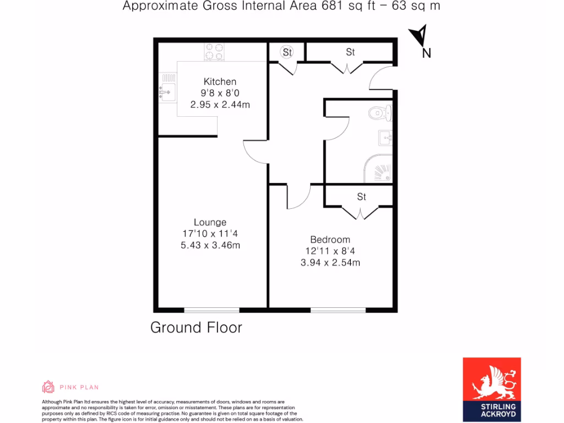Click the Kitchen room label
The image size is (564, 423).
tap(220, 82)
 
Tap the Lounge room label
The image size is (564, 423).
tap(210, 223)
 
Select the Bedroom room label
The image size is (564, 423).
tap(330, 240)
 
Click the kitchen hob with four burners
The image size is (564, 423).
tap(214, 52)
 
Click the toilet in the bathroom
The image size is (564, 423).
tap(379, 113)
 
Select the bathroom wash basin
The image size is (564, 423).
tap(386, 137)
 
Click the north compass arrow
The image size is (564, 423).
tap(420, 36)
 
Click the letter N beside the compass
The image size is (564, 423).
tap(426, 53)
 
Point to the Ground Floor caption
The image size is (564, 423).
tap(196, 328)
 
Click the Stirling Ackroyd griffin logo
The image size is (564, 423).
tap(491, 380)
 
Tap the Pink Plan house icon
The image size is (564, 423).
tap(48, 387)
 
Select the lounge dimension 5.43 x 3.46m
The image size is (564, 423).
tap(210, 246)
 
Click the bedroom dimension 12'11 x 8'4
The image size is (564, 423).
tap(330, 251)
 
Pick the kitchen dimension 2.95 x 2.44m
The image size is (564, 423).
tap(220, 105)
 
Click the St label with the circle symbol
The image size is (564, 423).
tap(287, 52)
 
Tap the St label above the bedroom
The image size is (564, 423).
tap(361, 197)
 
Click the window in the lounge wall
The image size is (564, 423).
tap(211, 310)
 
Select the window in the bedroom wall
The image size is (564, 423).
tap(338, 310)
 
